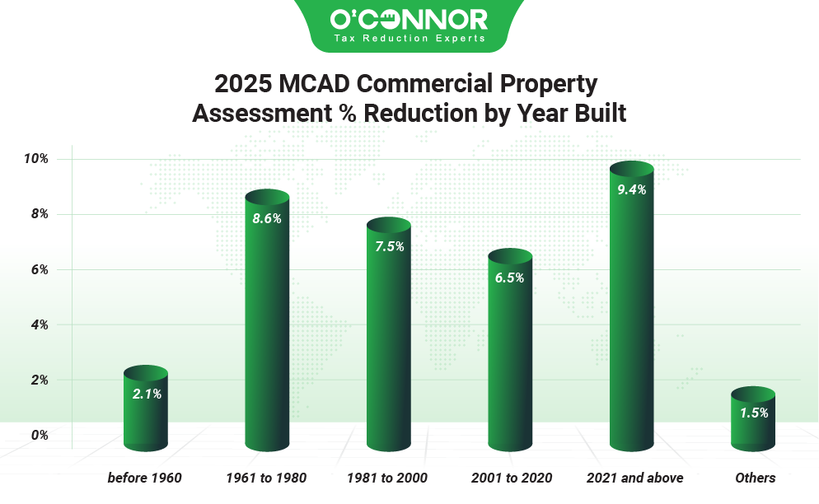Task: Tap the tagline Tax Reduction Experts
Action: (409, 38)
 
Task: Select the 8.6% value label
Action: (268, 219)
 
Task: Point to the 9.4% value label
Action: (631, 189)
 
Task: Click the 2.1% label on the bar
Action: (147, 394)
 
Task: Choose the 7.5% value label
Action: (389, 247)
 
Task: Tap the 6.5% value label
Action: (510, 278)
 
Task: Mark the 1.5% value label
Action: (753, 413)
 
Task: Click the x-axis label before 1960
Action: (145, 478)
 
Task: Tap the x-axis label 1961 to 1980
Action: (267, 478)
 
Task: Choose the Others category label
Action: (755, 478)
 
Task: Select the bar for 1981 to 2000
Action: (389, 346)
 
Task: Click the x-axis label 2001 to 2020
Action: (511, 478)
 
